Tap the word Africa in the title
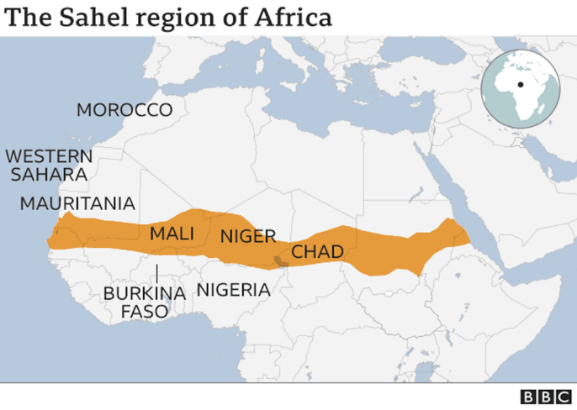(291, 16)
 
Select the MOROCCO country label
(124, 110)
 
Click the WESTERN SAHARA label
(49, 166)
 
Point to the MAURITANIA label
(77, 203)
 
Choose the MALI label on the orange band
(172, 234)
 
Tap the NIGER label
(248, 237)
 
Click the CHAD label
(317, 252)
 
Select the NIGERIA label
(233, 290)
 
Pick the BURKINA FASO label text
(144, 302)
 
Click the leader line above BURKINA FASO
(156, 275)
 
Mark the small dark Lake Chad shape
(279, 262)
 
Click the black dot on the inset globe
(521, 85)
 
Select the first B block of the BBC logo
(527, 397)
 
